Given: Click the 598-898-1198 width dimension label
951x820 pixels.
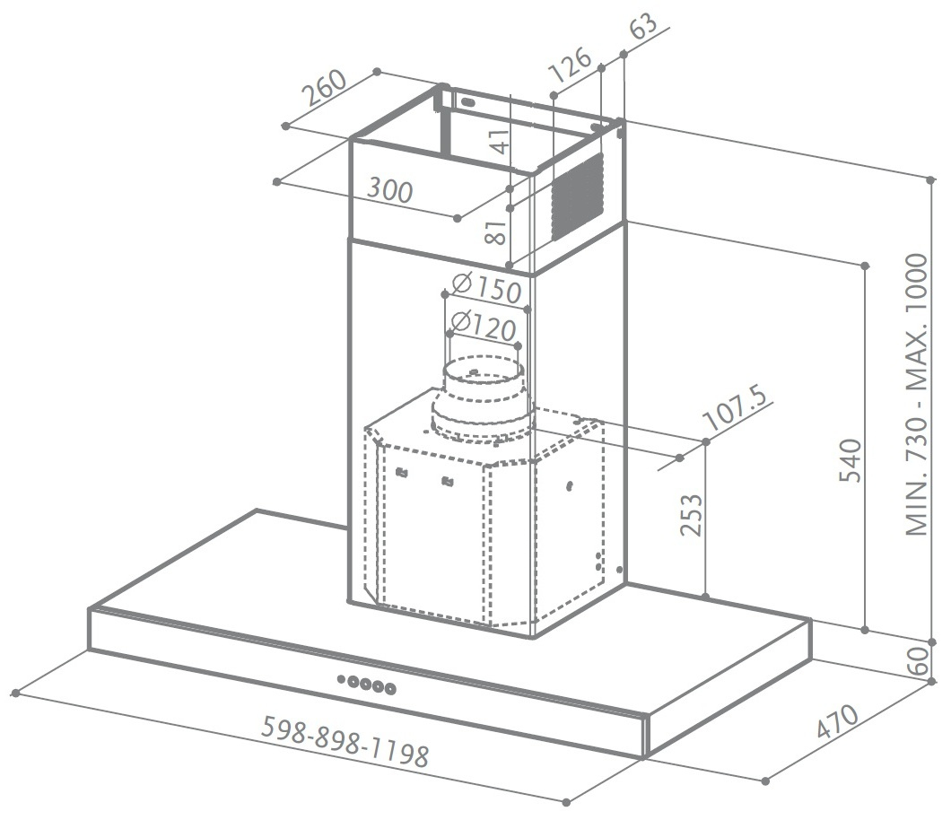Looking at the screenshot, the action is pyautogui.click(x=345, y=741).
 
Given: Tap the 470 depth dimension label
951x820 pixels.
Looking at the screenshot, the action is pyautogui.click(x=837, y=721).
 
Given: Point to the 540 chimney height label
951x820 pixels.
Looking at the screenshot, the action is pyautogui.click(x=850, y=460).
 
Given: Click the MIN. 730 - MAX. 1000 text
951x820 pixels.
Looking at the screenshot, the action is pyautogui.click(x=917, y=395).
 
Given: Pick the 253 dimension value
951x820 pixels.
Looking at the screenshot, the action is pyautogui.click(x=691, y=515).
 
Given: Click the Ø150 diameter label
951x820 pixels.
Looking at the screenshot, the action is pyautogui.click(x=486, y=288).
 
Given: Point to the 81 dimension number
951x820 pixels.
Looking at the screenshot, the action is pyautogui.click(x=496, y=231).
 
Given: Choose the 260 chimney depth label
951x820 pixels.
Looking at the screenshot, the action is pyautogui.click(x=325, y=88).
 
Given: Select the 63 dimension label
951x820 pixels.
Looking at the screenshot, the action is pyautogui.click(x=644, y=23).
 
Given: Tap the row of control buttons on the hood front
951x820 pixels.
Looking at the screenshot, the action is pyautogui.click(x=367, y=685).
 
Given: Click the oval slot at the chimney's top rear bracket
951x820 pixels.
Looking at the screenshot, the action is pyautogui.click(x=467, y=102).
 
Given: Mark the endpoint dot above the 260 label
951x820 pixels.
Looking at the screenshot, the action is pyautogui.click(x=377, y=72).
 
